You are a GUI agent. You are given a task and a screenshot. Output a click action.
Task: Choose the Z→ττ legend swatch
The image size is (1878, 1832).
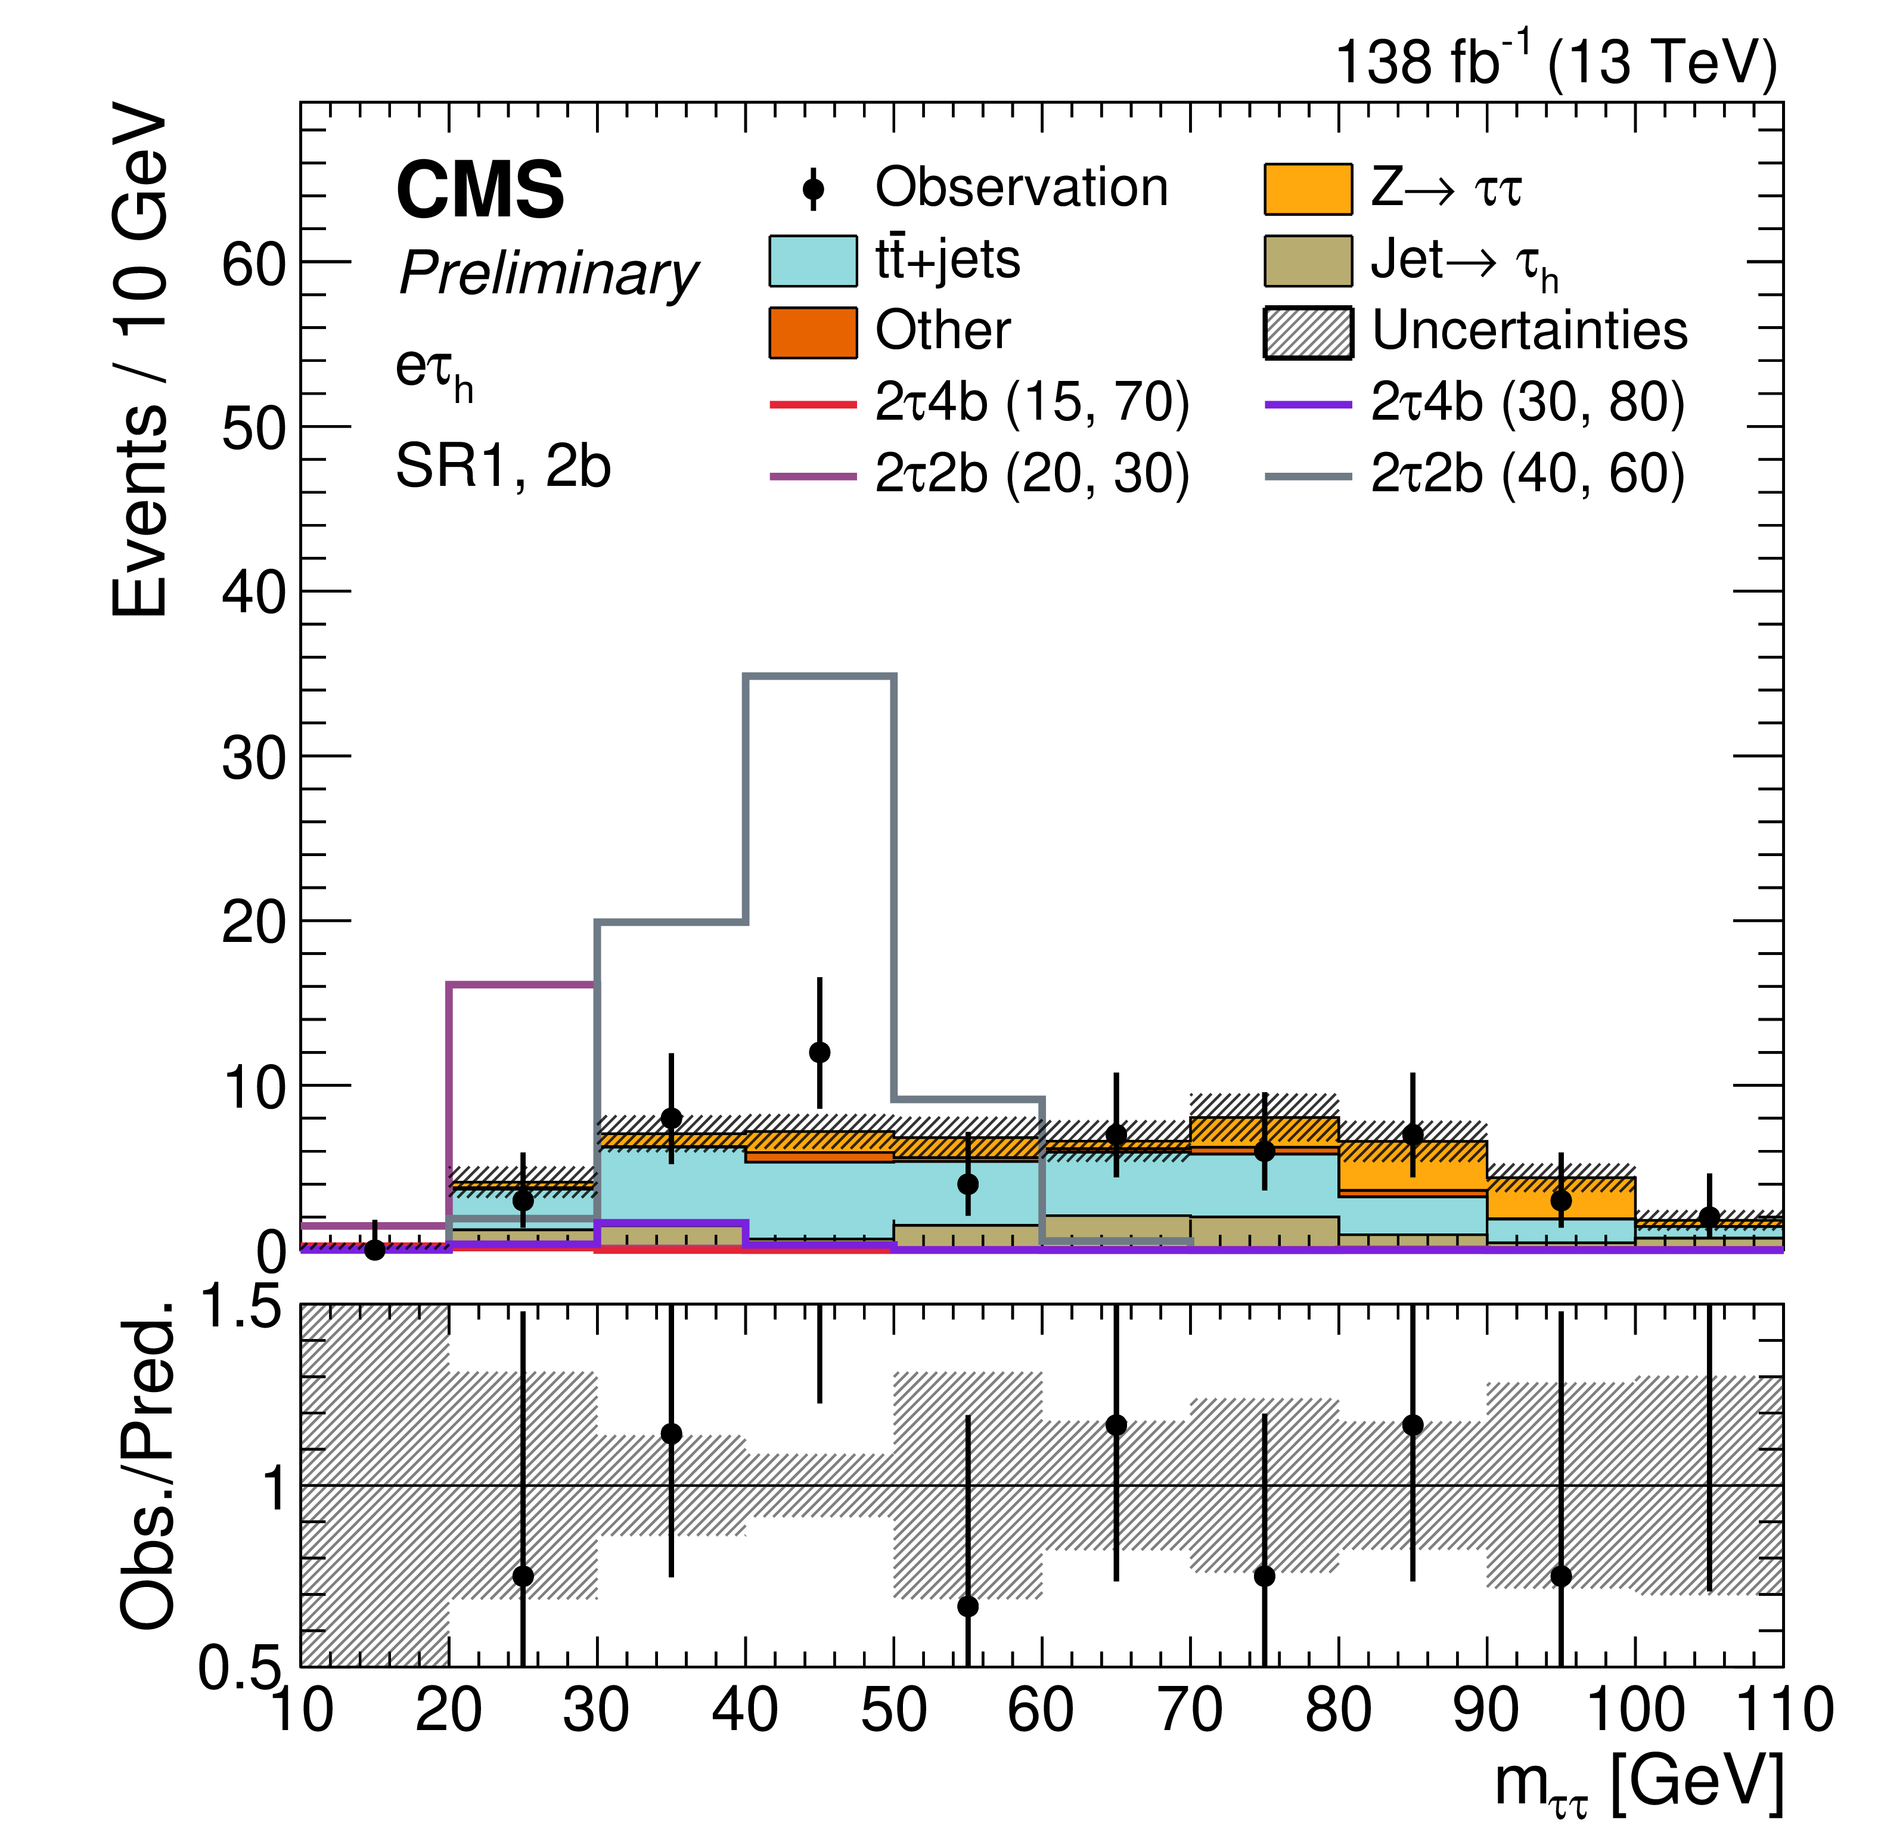(1308, 188)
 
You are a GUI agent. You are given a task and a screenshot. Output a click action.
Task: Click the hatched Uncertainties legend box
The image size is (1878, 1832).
(1308, 332)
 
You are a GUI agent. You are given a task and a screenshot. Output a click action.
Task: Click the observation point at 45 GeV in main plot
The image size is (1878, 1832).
(820, 1053)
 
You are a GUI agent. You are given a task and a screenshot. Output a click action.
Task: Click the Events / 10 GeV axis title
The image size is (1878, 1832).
(139, 361)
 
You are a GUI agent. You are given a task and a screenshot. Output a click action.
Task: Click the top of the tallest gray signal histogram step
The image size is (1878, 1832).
(820, 677)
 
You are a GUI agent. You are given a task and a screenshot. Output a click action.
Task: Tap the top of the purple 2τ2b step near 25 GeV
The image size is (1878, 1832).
(523, 984)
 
